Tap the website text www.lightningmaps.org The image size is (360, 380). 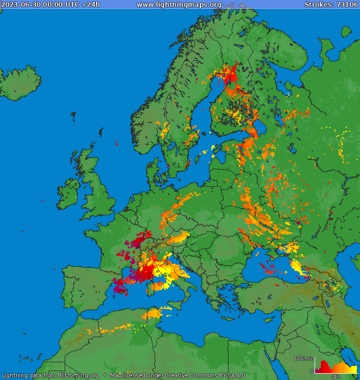coord(179,5)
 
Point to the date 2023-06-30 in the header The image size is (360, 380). coord(18,5)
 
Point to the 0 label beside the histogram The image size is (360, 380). coord(311,372)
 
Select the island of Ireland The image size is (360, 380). coord(68,191)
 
